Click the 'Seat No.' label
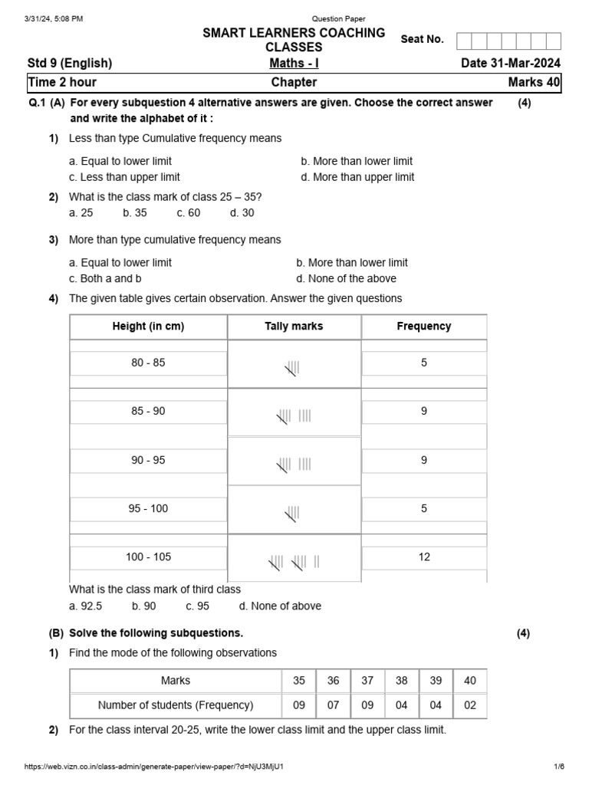(422, 39)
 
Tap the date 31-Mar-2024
(511, 63)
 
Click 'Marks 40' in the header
(534, 82)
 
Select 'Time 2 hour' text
(62, 82)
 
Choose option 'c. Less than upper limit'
(124, 177)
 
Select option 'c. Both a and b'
(105, 278)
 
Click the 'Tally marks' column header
(294, 326)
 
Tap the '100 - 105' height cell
(148, 557)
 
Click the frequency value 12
(424, 557)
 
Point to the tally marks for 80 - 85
(292, 369)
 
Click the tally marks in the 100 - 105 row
(294, 563)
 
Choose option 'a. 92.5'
(85, 606)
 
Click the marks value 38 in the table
(401, 680)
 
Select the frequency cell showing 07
(333, 705)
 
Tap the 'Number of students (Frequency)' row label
(176, 705)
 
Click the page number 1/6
(559, 767)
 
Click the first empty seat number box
(464, 41)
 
